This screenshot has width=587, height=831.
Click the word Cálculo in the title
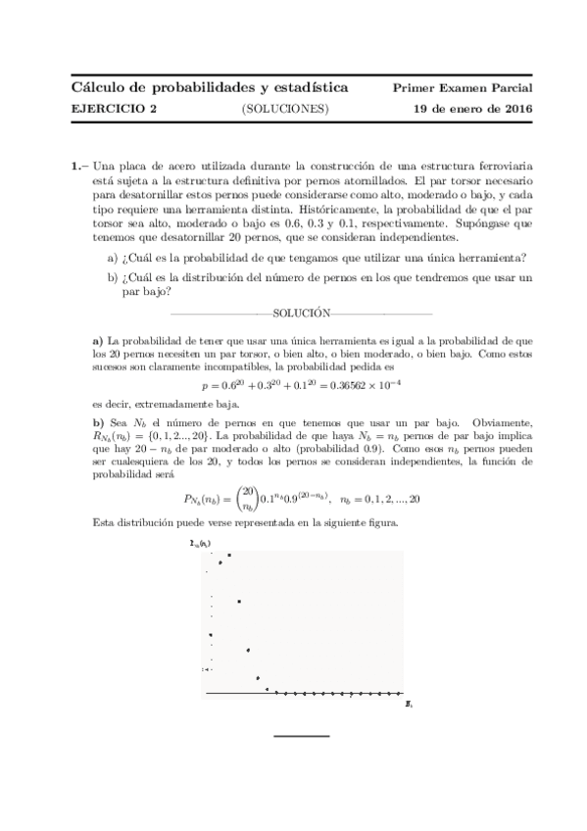(x=99, y=88)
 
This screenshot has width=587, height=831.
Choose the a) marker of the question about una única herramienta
(x=113, y=258)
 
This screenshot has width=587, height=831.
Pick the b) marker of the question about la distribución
(x=113, y=278)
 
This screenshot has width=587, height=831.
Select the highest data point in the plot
(x=229, y=556)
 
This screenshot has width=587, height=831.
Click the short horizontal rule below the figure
(x=301, y=735)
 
